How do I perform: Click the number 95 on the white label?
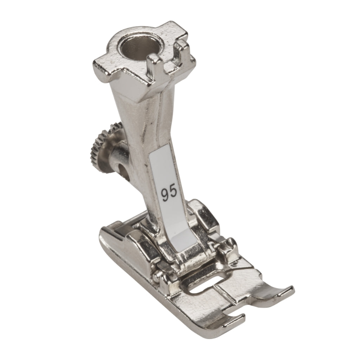[169, 192]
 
